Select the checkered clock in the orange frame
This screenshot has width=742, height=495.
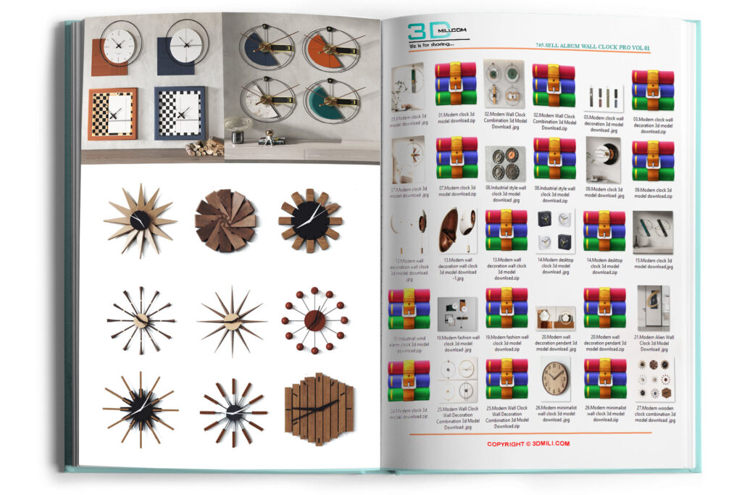[113, 113]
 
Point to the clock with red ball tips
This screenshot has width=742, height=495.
[314, 320]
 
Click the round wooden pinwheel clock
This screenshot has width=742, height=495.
[225, 220]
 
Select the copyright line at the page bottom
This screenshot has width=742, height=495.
[528, 444]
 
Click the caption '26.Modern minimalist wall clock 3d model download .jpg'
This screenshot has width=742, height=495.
[556, 413]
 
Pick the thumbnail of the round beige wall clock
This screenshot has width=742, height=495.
[555, 378]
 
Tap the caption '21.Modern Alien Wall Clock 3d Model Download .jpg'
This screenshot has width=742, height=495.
[655, 341]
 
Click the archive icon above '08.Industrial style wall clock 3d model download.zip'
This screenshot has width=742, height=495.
[555, 158]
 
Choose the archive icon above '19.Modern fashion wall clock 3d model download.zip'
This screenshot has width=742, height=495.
[506, 307]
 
